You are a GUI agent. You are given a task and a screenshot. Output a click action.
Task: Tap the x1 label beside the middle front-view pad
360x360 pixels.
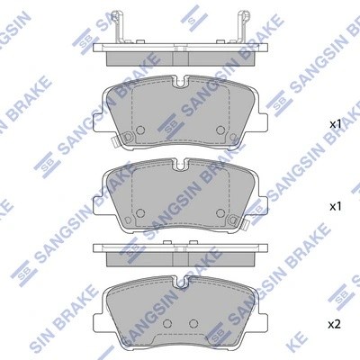(335, 207)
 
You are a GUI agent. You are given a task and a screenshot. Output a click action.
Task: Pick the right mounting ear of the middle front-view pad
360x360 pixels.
(261, 201)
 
